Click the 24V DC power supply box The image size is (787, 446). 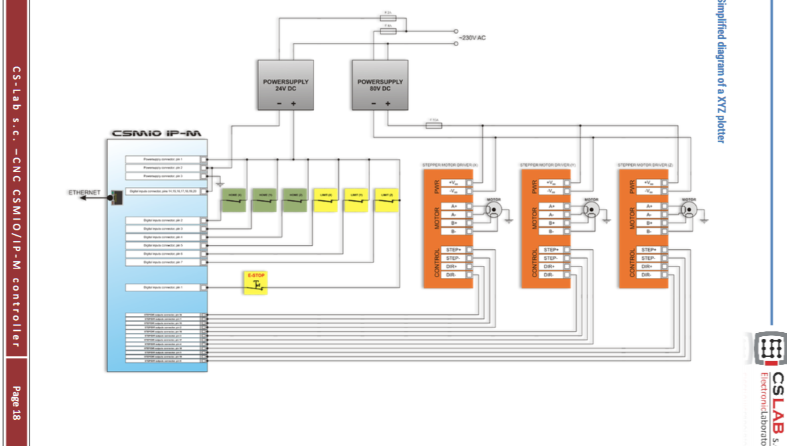point(286,85)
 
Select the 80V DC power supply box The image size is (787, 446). point(380,85)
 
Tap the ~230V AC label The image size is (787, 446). point(472,38)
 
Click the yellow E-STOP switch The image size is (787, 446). point(255,283)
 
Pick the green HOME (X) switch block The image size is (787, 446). point(234,200)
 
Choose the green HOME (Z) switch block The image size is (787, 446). point(295,200)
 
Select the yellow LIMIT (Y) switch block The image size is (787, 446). point(356,200)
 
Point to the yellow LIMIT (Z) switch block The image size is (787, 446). point(386,200)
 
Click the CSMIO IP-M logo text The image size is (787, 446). point(157,133)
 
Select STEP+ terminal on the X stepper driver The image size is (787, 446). point(452,250)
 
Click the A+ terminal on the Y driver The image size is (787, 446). point(551,206)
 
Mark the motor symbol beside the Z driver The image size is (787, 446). point(689,209)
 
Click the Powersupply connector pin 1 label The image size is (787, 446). point(163,159)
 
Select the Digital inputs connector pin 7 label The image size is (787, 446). point(163,263)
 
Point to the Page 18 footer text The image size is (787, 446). point(15,403)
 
